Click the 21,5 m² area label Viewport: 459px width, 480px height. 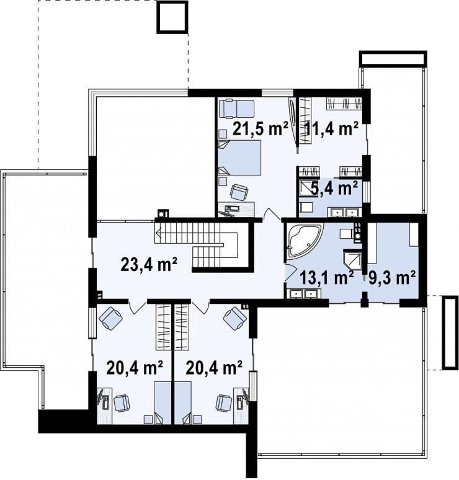click(x=261, y=128)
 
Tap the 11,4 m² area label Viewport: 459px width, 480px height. click(x=332, y=128)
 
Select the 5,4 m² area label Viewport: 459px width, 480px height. click(x=334, y=188)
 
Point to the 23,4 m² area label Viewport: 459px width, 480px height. click(x=149, y=264)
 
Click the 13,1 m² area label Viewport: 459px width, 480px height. click(x=326, y=278)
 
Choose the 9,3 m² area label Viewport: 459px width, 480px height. click(x=392, y=278)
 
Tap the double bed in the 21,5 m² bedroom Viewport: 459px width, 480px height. click(x=239, y=158)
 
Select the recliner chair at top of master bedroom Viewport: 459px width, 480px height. click(x=237, y=109)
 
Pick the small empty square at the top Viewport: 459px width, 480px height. click(x=172, y=17)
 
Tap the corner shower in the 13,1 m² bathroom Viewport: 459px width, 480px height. click(x=353, y=260)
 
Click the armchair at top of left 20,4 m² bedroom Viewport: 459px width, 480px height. click(x=110, y=319)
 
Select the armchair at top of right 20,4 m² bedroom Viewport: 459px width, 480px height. click(x=235, y=319)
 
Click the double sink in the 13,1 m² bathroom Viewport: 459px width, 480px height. click(x=303, y=294)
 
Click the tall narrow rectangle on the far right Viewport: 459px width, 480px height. click(x=450, y=333)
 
